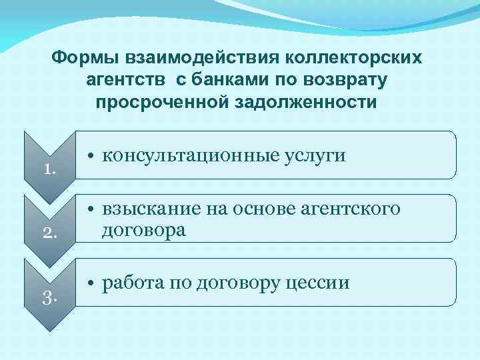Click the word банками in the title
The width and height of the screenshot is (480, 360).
click(x=228, y=81)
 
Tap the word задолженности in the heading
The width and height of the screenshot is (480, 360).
click(x=309, y=103)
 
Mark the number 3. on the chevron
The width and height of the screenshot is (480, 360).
click(x=49, y=297)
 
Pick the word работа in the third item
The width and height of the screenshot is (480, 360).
click(x=129, y=283)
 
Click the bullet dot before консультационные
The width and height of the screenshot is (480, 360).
click(x=91, y=157)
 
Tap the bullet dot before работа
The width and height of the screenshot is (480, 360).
click(x=91, y=284)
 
